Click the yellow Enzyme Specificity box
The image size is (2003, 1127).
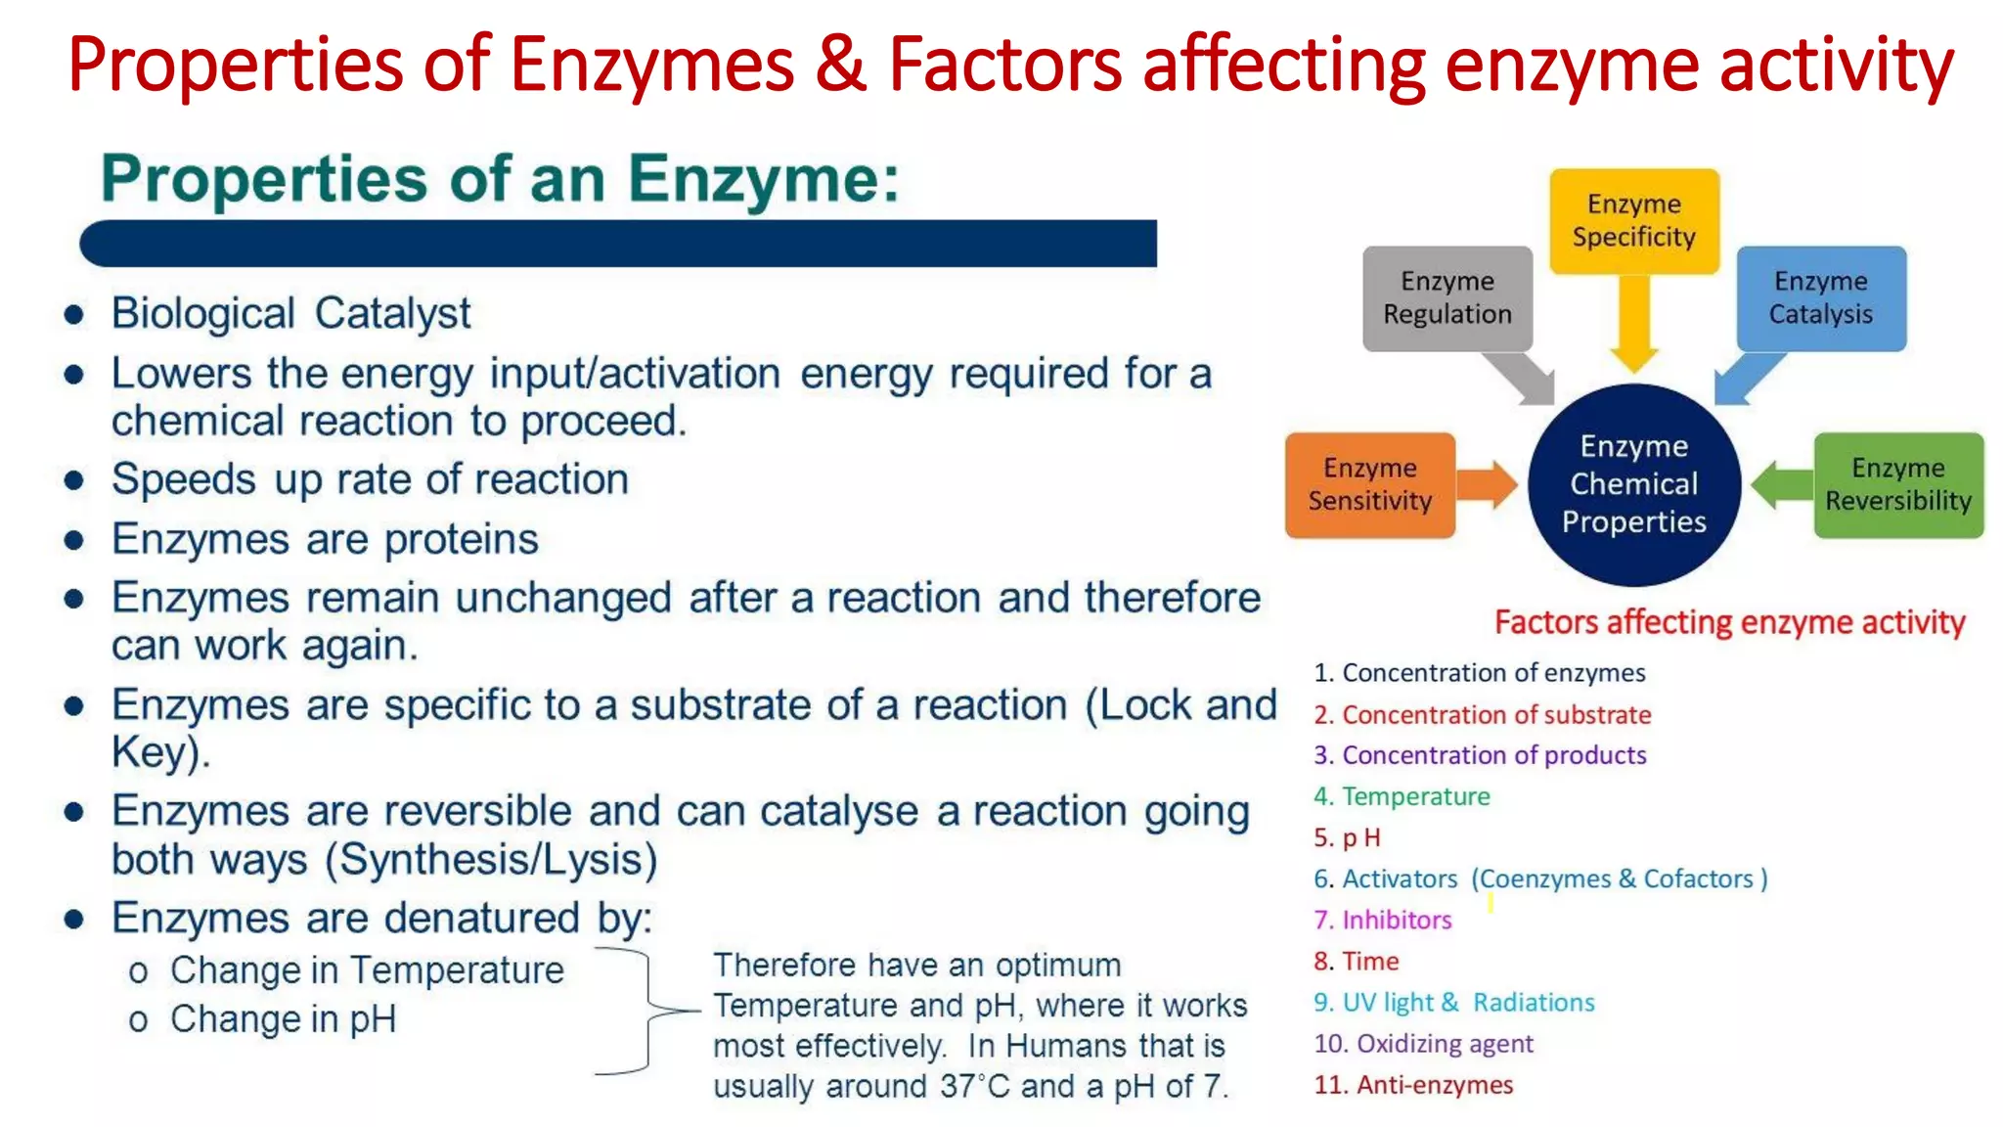click(x=1633, y=221)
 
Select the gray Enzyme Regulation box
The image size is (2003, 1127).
click(x=1447, y=298)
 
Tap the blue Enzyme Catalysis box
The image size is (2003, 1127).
click(x=1820, y=298)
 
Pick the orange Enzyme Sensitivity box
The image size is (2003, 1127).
click(x=1369, y=485)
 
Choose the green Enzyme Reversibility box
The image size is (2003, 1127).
click(x=1897, y=485)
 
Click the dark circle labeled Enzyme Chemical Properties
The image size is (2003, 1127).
click(x=1633, y=484)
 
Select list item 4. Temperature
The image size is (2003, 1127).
click(x=1402, y=796)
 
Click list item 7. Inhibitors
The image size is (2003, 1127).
click(x=1383, y=920)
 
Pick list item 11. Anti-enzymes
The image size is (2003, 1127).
click(x=1413, y=1084)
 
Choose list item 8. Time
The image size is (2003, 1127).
click(x=1357, y=961)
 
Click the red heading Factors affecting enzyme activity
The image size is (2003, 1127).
click(x=1729, y=622)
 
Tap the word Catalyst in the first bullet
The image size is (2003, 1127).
click(x=392, y=314)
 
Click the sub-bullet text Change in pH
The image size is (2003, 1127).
click(x=284, y=1019)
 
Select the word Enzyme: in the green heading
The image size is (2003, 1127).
click(x=763, y=180)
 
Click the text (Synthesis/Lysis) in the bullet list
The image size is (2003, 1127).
click(x=491, y=860)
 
